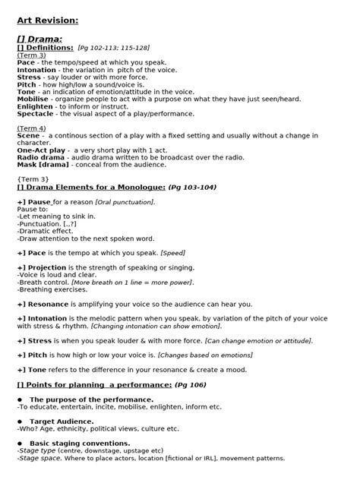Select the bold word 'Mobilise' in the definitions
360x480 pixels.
click(33, 99)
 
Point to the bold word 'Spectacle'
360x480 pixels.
click(35, 113)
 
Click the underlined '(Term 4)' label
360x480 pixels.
click(31, 128)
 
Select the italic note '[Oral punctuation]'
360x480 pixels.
click(125, 201)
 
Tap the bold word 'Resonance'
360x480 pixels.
click(46, 304)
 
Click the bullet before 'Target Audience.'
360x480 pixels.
click(20, 421)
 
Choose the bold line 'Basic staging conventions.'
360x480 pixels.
click(80, 443)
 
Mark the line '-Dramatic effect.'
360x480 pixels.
click(44, 230)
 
